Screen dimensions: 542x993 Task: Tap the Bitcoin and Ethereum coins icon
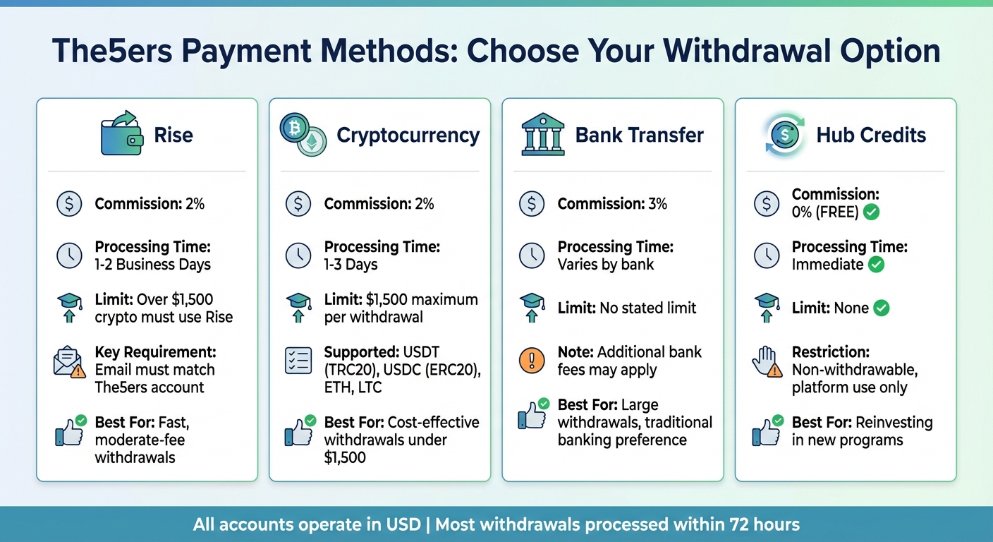click(x=302, y=134)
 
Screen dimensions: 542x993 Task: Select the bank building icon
click(x=542, y=134)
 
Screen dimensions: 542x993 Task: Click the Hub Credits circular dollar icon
click(x=784, y=134)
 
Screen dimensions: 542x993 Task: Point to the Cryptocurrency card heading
click(x=408, y=135)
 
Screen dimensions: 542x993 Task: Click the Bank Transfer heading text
click(x=639, y=135)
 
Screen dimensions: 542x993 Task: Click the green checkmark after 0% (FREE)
click(x=872, y=212)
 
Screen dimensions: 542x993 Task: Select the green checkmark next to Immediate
click(x=877, y=265)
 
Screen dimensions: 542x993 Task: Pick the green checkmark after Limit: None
click(x=882, y=308)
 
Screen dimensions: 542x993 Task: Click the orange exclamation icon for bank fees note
click(x=531, y=361)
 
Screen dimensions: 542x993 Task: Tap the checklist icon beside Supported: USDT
click(x=298, y=361)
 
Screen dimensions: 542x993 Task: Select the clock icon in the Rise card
click(x=68, y=255)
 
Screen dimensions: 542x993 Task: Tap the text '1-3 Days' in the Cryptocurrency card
click(x=351, y=265)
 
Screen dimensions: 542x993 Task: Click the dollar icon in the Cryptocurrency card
click(x=298, y=204)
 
